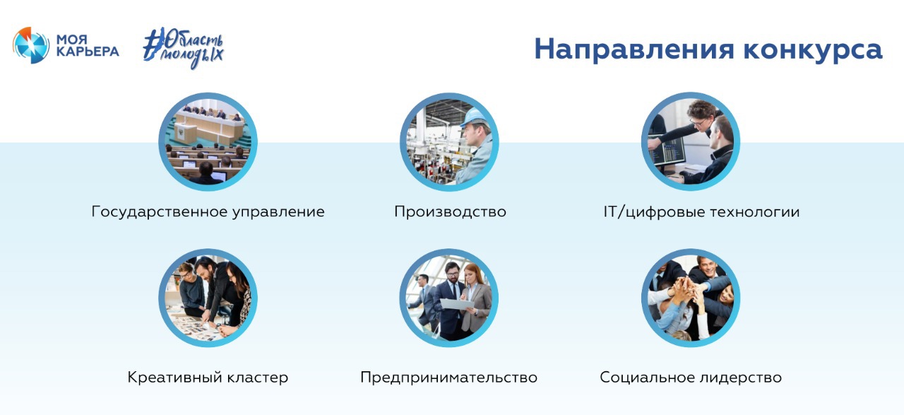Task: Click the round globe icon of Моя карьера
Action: click(30, 45)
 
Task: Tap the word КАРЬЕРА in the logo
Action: click(88, 52)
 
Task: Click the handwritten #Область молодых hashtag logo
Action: click(183, 47)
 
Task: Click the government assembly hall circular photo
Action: click(208, 142)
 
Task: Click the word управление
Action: click(278, 212)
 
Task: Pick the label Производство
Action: click(450, 212)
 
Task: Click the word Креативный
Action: click(174, 378)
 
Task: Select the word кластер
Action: click(258, 378)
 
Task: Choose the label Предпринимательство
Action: click(448, 378)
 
